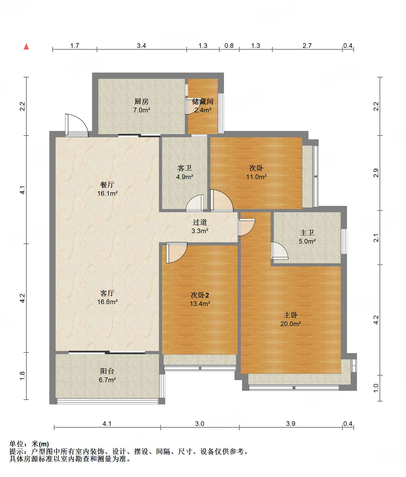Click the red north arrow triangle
(x=26, y=47)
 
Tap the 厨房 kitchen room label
(x=142, y=101)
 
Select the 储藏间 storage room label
(x=203, y=101)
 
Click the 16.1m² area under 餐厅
(x=107, y=194)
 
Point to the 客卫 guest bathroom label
(x=185, y=168)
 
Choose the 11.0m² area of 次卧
(x=256, y=177)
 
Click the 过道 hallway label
(x=200, y=222)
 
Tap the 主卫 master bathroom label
(x=307, y=233)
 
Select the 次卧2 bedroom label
(x=200, y=295)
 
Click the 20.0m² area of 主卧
(x=291, y=324)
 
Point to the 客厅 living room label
(x=107, y=293)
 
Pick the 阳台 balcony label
(x=107, y=371)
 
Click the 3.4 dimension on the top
(x=141, y=46)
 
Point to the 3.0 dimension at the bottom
(x=200, y=424)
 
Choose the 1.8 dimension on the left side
(x=22, y=376)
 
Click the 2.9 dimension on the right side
(x=376, y=173)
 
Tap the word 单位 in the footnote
(x=17, y=444)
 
